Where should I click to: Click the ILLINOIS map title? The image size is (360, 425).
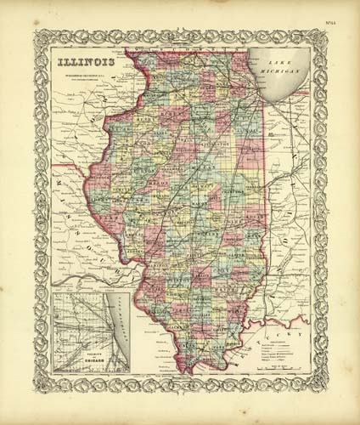click(x=84, y=62)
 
